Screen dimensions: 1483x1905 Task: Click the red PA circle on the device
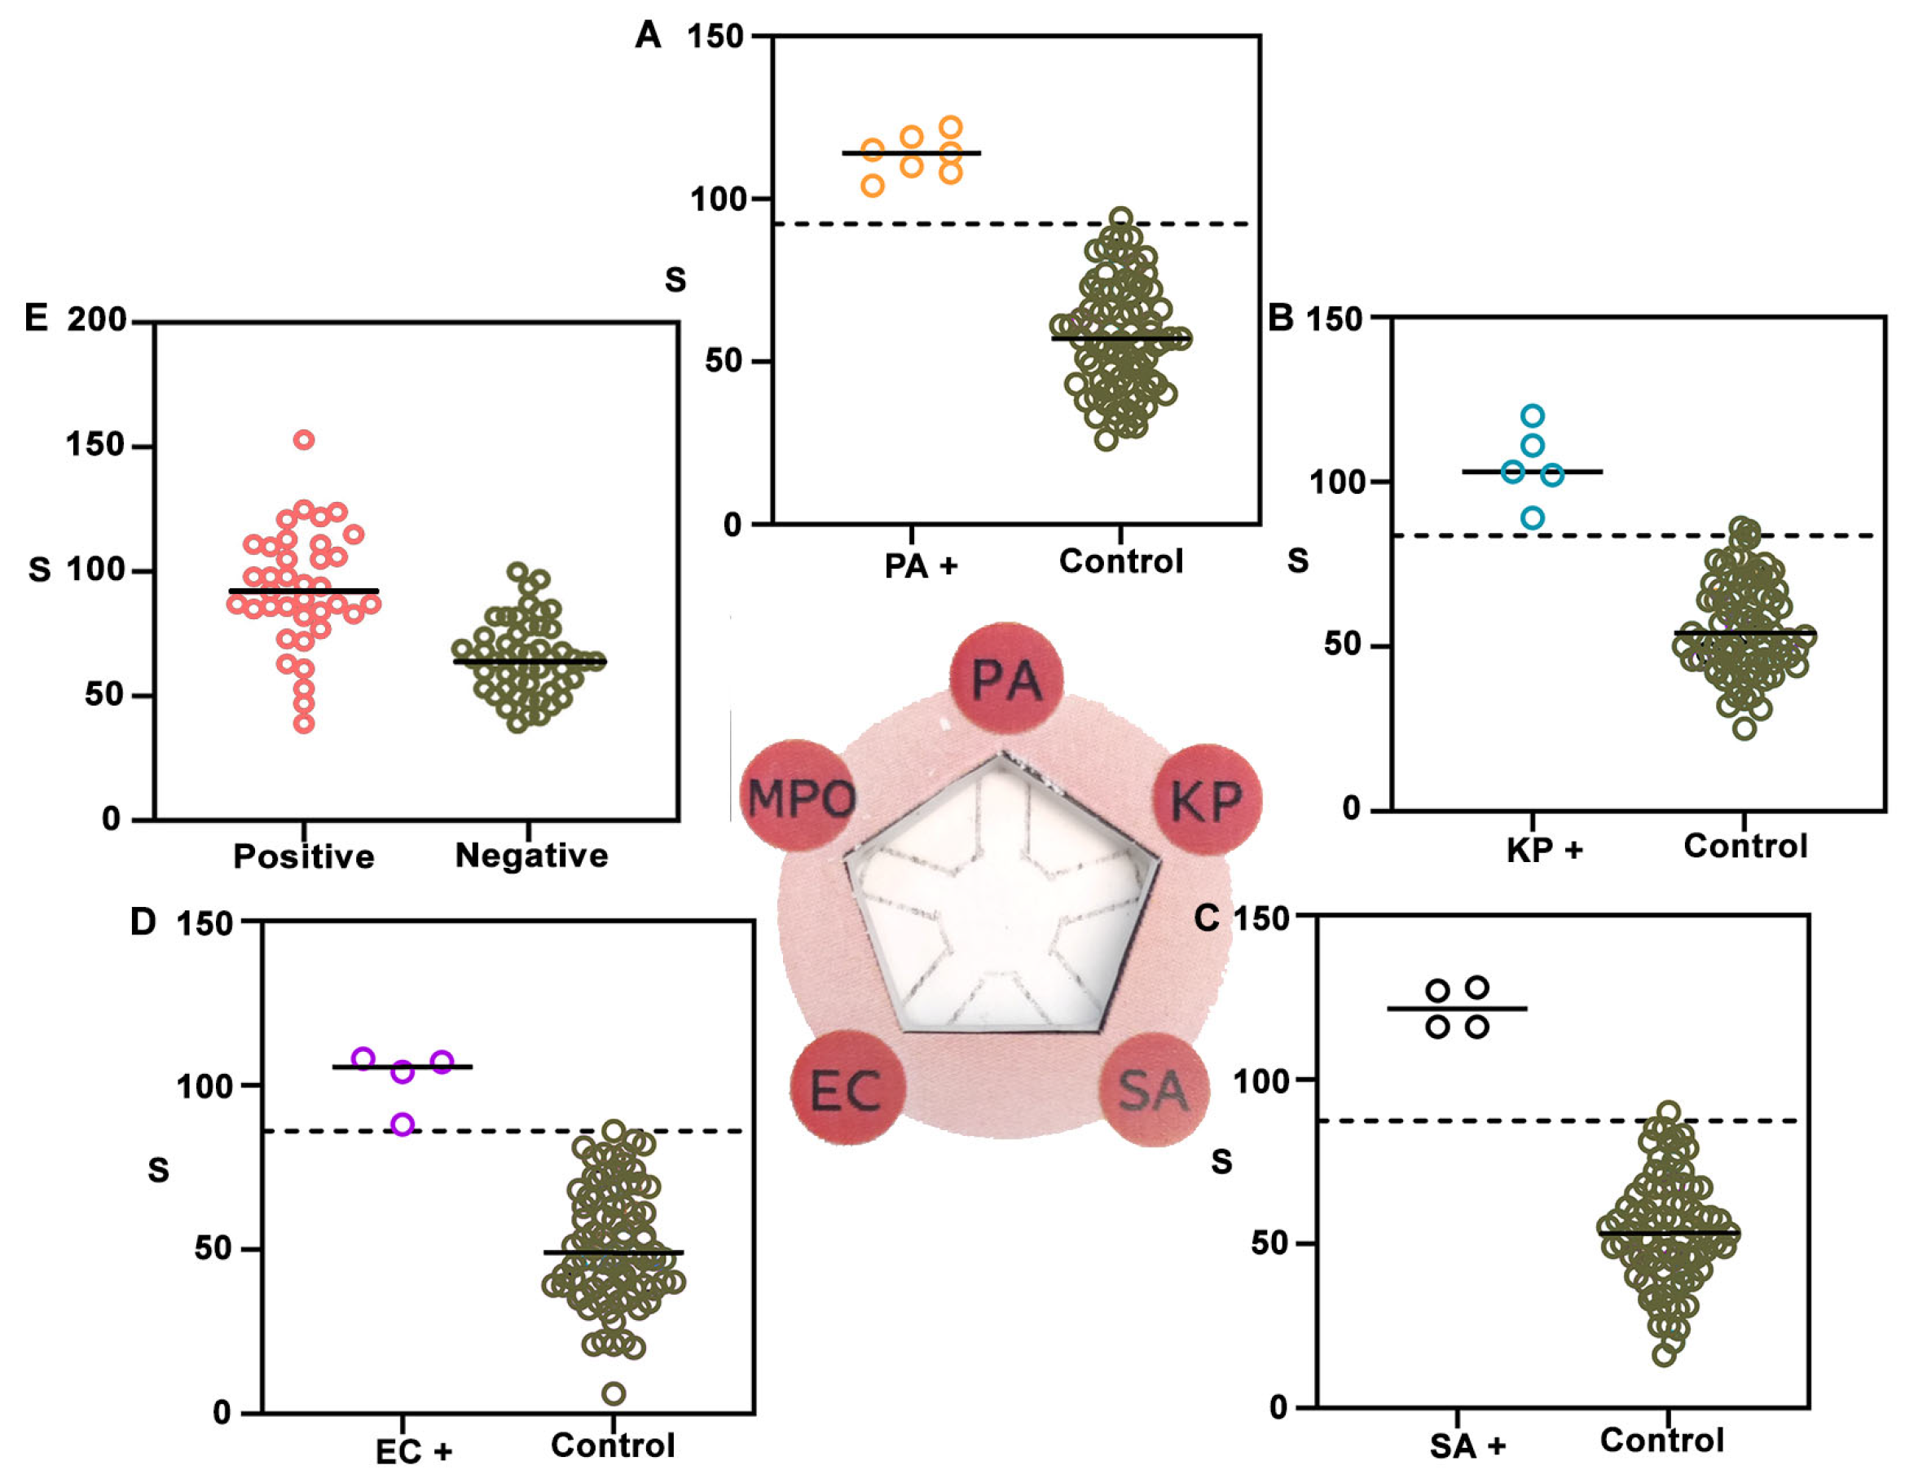(x=1005, y=678)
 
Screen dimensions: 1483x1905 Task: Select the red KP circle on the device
(x=1208, y=799)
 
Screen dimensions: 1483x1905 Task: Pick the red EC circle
(x=847, y=1089)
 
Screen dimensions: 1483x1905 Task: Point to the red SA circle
(x=1153, y=1090)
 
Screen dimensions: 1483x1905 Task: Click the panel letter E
(x=36, y=318)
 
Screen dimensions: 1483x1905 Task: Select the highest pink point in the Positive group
(x=304, y=440)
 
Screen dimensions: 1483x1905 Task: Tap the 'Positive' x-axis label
(x=304, y=856)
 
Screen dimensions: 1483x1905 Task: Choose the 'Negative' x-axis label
(x=531, y=855)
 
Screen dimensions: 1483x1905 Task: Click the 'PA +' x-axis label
(x=920, y=565)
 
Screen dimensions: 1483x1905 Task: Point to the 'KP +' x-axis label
(x=1544, y=849)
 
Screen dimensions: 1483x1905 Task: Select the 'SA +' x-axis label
(x=1467, y=1446)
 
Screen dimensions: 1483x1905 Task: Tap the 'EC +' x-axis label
(x=413, y=1451)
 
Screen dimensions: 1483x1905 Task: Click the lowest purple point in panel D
(x=403, y=1124)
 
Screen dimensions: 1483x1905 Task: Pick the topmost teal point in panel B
(x=1533, y=416)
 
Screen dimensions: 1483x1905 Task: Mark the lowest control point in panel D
(x=614, y=1393)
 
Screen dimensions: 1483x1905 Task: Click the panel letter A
(x=648, y=35)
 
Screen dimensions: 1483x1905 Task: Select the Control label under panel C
(x=1661, y=1439)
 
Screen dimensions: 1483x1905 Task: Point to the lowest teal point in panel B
(x=1533, y=518)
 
